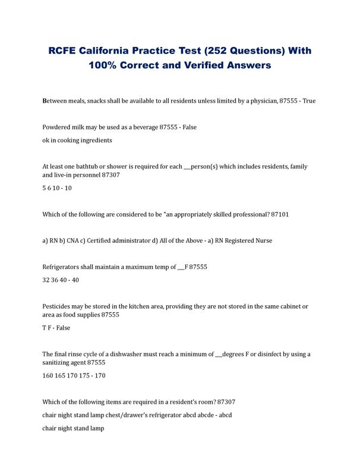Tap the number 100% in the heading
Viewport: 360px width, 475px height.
pos(105,66)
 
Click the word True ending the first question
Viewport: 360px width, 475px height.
pos(310,102)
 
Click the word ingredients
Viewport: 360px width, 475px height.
pos(93,141)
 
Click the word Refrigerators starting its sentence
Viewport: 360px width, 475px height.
pos(64,267)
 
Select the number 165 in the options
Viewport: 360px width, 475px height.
pos(64,376)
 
